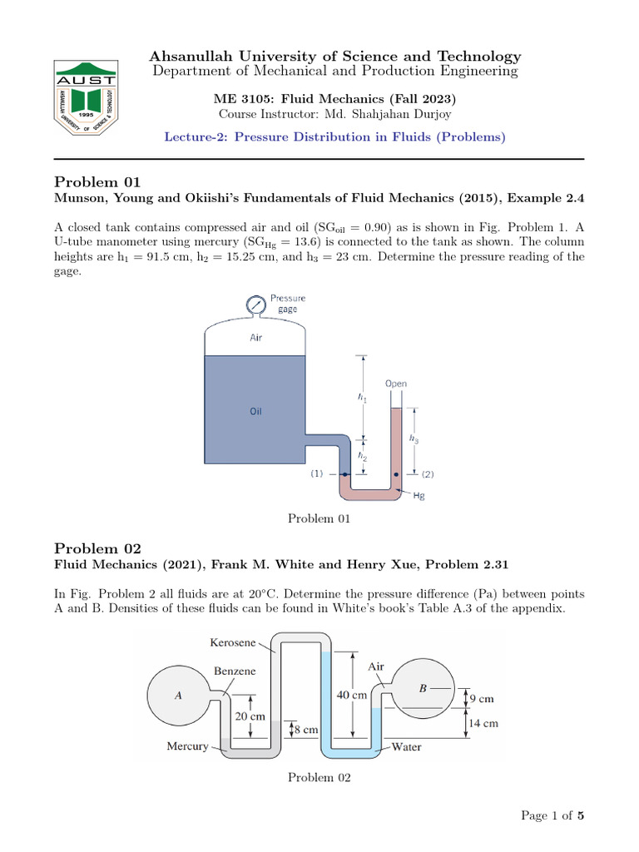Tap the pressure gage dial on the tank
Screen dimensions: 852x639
pos(255,306)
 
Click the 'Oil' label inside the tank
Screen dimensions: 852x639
pos(256,411)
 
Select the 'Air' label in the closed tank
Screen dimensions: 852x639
pos(256,339)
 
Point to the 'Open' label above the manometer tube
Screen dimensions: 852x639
pos(396,384)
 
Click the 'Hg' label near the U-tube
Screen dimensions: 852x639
pos(419,496)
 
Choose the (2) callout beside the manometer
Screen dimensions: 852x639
pos(428,474)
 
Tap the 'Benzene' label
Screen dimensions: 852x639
pos(235,671)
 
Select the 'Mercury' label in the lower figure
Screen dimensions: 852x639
pos(188,746)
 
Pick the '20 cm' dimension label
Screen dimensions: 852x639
pos(250,716)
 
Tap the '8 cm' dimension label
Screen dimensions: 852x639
pos(305,730)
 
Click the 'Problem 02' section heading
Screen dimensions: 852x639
pos(98,548)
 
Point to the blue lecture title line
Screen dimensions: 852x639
pos(334,136)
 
